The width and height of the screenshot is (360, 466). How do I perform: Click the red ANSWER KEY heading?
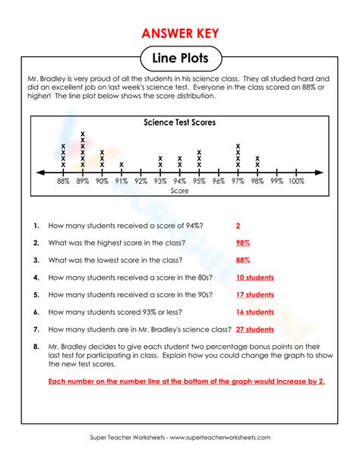pos(180,33)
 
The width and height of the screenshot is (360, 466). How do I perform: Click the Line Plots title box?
pos(180,59)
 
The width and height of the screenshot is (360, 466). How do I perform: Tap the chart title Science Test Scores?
pos(179,122)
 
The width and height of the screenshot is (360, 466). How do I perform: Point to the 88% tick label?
pos(63,181)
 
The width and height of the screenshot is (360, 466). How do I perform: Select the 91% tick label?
pos(122,181)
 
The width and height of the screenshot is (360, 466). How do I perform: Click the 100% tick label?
pos(296,181)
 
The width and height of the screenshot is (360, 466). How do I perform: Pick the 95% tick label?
pos(199,181)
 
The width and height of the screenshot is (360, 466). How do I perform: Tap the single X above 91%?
pos(122,165)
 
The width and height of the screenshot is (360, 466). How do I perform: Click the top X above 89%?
pos(83,134)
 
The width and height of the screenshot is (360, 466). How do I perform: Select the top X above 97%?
pos(238,146)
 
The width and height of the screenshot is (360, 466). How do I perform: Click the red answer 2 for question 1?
pos(238,226)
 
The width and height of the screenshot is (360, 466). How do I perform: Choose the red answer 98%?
pos(243,243)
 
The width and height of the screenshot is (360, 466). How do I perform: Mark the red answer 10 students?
pos(254,277)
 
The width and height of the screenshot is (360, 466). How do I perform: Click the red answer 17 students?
pos(254,295)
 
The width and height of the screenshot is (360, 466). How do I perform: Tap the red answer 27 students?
pos(254,329)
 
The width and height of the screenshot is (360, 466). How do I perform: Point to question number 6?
pos(36,312)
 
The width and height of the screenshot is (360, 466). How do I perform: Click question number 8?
pos(36,347)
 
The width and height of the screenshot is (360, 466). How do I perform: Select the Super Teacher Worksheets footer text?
pos(180,439)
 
